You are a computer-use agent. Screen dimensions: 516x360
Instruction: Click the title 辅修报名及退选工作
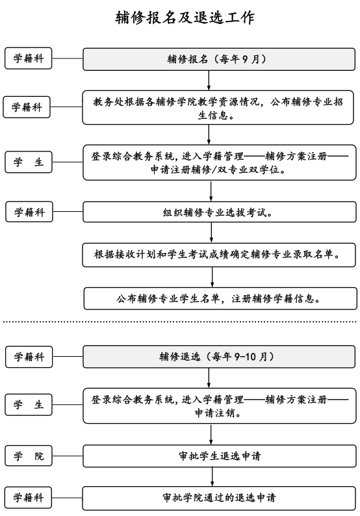180,18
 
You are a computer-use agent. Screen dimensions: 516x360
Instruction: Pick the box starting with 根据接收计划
219,255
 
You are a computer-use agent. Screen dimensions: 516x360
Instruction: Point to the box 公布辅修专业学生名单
219,298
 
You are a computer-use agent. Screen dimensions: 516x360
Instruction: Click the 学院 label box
29,455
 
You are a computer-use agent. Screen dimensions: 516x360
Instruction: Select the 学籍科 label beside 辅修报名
29,58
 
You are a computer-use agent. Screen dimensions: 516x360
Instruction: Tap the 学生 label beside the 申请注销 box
29,405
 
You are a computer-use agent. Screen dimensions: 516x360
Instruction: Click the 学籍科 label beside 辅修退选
29,356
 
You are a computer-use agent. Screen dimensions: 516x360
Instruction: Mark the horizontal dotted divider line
180,321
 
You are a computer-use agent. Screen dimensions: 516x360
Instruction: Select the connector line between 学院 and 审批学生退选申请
68,455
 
